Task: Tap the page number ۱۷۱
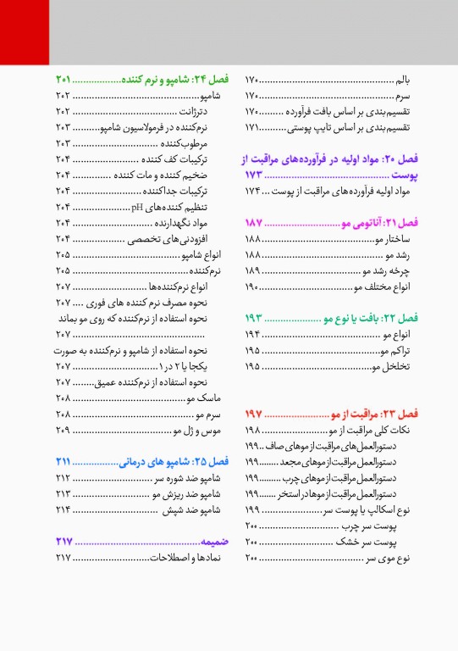click(x=253, y=127)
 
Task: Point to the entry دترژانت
click(x=194, y=111)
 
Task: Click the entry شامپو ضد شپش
click(x=194, y=509)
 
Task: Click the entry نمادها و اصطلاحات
click(x=193, y=557)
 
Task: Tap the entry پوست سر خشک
click(x=376, y=542)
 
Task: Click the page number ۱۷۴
click(x=253, y=192)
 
